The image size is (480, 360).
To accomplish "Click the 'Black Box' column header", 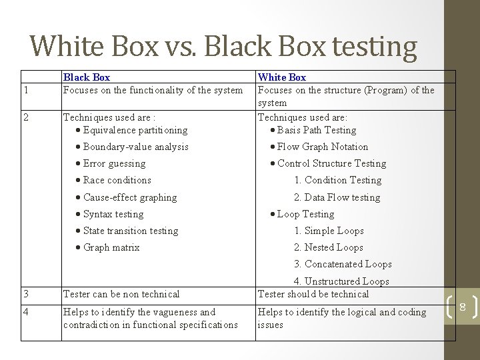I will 87,77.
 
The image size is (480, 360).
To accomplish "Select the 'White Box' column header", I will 282,77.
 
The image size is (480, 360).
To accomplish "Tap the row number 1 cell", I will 25,90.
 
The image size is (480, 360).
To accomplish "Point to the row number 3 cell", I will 25,294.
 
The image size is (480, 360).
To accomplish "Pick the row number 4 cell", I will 25,312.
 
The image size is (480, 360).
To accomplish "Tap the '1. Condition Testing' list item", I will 338,180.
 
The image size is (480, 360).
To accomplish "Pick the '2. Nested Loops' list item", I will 329,247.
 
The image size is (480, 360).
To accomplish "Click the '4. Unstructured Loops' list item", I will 341,281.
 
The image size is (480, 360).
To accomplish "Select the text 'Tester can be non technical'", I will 121,294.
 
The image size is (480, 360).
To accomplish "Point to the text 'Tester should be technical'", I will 313,294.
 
